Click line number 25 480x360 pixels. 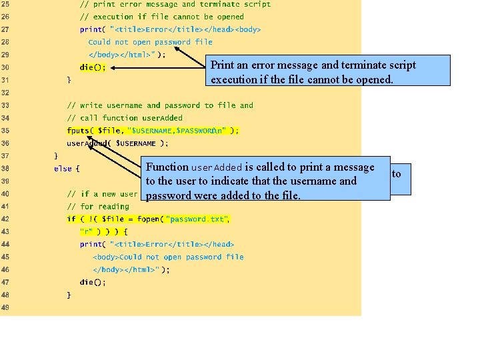click(x=5, y=4)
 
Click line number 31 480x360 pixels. click(x=5, y=80)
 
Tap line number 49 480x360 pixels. click(x=5, y=307)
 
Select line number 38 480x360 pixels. click(x=5, y=169)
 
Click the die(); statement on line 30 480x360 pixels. click(x=93, y=67)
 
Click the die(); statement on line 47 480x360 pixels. click(x=93, y=282)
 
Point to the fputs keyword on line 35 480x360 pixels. click(x=79, y=131)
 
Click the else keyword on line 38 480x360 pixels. click(x=63, y=169)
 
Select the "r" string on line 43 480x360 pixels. click(x=87, y=231)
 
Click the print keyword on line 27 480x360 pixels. click(x=91, y=29)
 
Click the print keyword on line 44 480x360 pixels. click(x=91, y=244)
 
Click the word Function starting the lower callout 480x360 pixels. click(x=167, y=167)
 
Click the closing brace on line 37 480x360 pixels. click(x=56, y=156)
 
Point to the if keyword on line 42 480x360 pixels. click(x=71, y=219)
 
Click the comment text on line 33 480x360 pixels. click(x=160, y=105)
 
